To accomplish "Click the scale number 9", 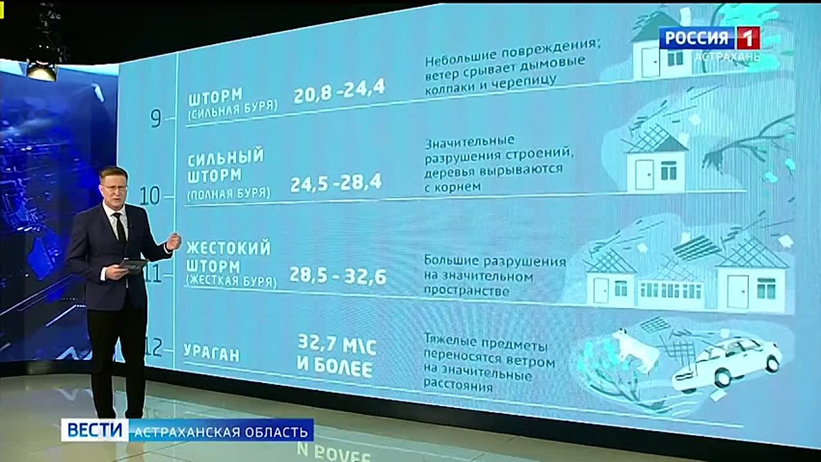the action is pos(155,118).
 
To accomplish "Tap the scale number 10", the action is pos(150,196).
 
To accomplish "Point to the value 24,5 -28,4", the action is pos(336,184).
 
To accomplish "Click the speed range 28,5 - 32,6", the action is pos(338,276).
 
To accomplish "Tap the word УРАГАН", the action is pos(211,353).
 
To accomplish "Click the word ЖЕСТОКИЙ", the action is pos(229,248).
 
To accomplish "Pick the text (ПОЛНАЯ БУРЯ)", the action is pos(229,194).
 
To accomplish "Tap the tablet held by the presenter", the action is pos(134,264).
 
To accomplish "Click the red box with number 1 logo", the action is pos(748,38).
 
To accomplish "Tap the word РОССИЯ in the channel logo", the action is pos(696,38).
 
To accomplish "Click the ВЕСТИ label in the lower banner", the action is pos(94,430).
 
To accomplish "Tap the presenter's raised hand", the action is pos(173,242).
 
